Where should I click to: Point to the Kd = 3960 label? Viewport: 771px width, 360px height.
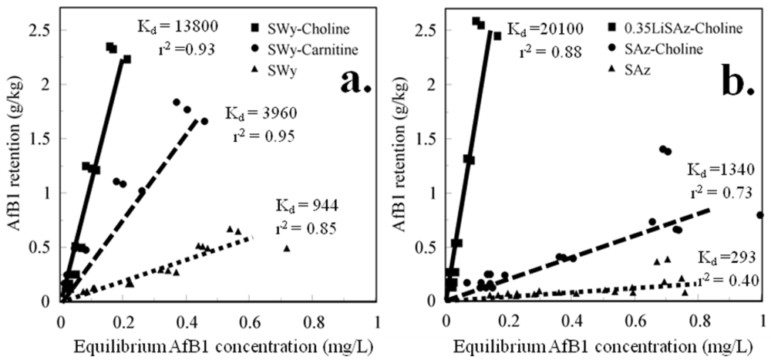(257, 113)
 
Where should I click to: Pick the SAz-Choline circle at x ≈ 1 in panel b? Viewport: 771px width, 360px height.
(761, 215)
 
